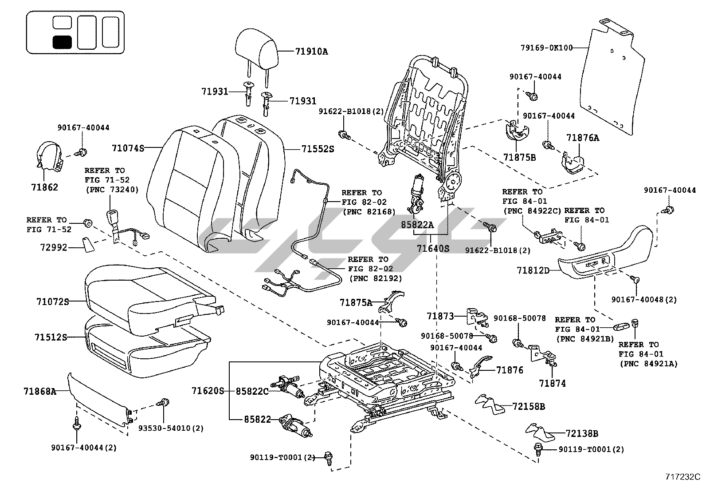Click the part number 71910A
[311, 52]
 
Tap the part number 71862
[44, 187]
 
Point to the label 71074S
[128, 148]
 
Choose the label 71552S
[318, 149]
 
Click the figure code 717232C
[682, 477]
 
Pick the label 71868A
[40, 391]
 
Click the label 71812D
[533, 270]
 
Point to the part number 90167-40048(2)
[644, 300]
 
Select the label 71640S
[433, 248]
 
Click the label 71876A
[582, 138]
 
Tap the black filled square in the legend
[62, 42]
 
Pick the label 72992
[51, 247]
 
